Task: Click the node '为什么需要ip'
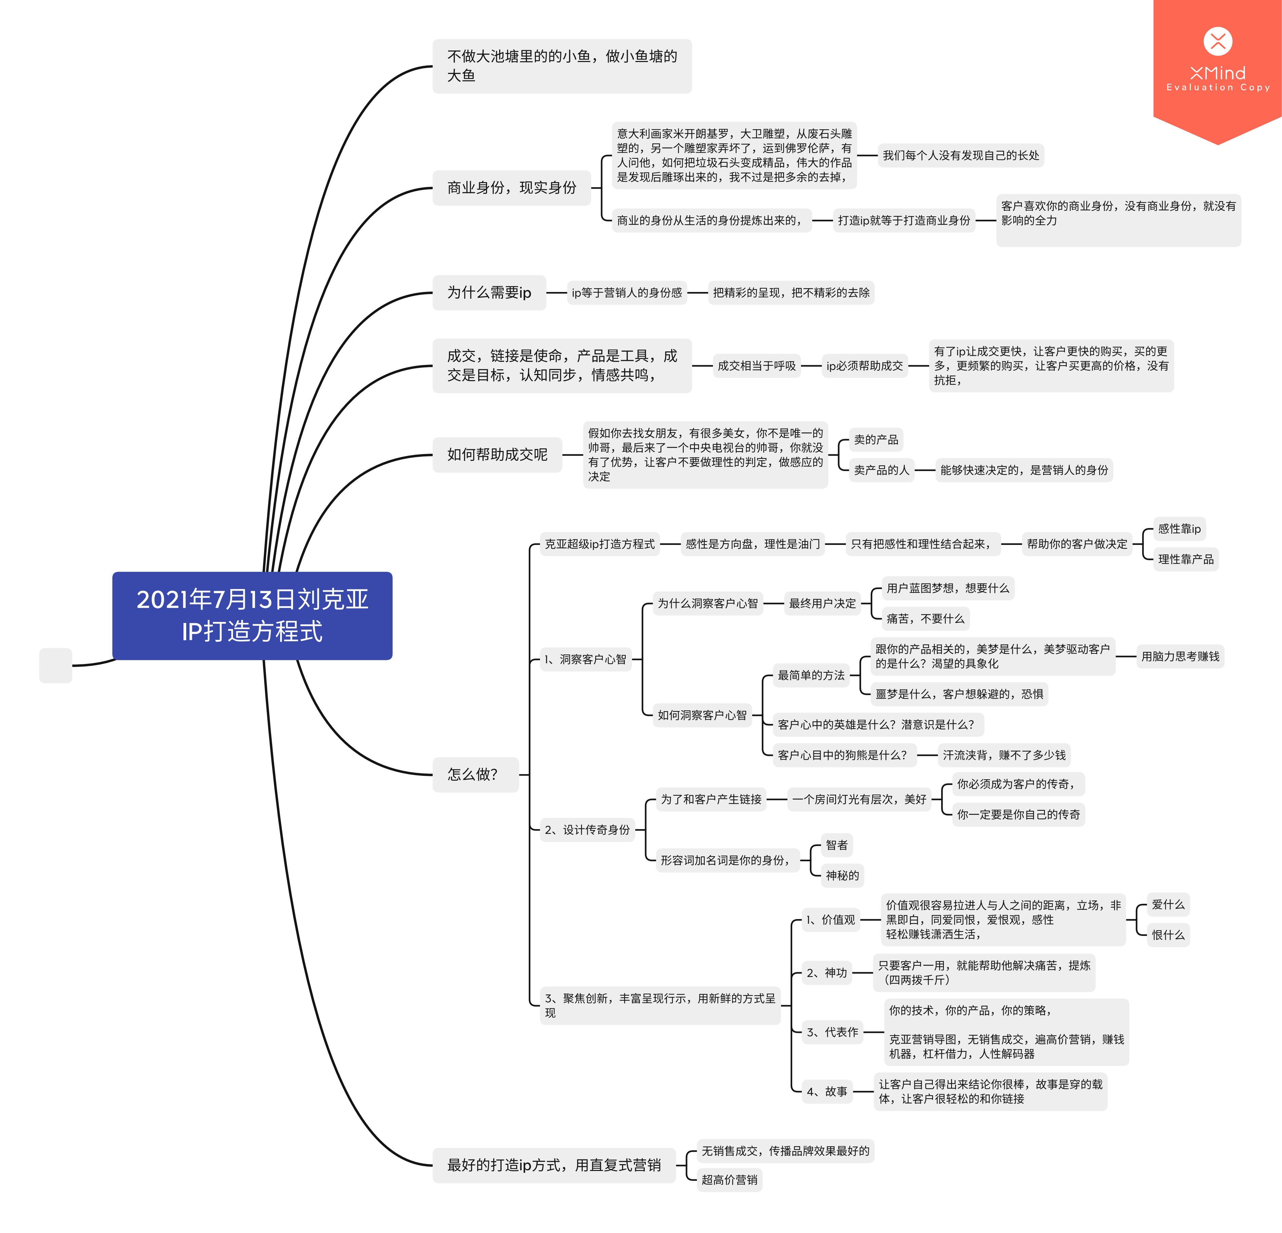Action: [x=489, y=292]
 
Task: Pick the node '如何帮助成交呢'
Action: [x=497, y=455]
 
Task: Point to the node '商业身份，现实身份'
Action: [x=511, y=188]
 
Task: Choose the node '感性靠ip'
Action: [x=1179, y=529]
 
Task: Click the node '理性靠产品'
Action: [x=1185, y=559]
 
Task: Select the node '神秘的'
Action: [x=842, y=875]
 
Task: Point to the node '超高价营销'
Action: [x=729, y=1179]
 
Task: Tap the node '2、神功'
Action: [x=827, y=973]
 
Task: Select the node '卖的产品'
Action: [x=876, y=439]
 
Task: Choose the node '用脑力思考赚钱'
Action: [x=1180, y=656]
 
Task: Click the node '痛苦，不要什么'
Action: [x=925, y=618]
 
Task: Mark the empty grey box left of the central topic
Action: [x=56, y=665]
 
